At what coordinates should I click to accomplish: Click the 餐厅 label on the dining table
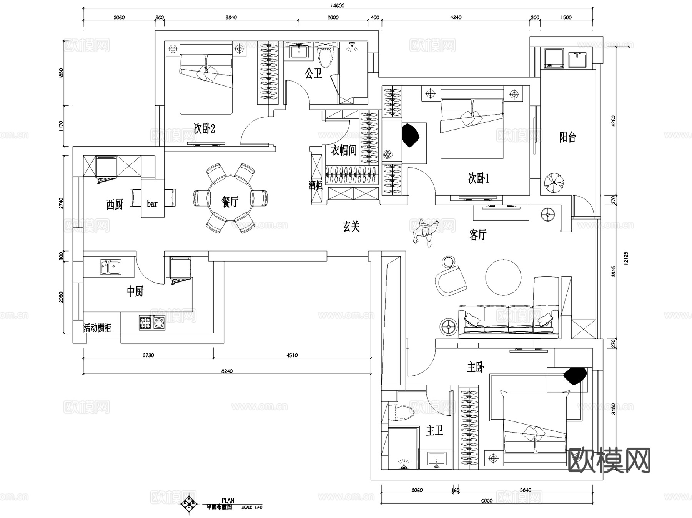click(x=230, y=201)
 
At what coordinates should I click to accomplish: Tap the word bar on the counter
click(x=152, y=203)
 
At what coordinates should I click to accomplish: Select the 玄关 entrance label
click(x=351, y=226)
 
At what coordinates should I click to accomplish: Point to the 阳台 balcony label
click(x=567, y=137)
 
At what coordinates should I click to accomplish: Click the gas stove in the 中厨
click(x=152, y=323)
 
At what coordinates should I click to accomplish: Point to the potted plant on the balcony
click(x=554, y=182)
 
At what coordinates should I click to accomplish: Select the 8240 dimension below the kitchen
click(x=227, y=371)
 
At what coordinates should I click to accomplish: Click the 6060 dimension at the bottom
click(x=486, y=500)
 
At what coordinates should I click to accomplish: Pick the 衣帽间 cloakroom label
click(x=343, y=150)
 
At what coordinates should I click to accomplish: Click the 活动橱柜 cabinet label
click(x=98, y=328)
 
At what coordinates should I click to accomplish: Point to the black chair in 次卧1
click(x=410, y=135)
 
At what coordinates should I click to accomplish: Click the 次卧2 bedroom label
click(x=204, y=128)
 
